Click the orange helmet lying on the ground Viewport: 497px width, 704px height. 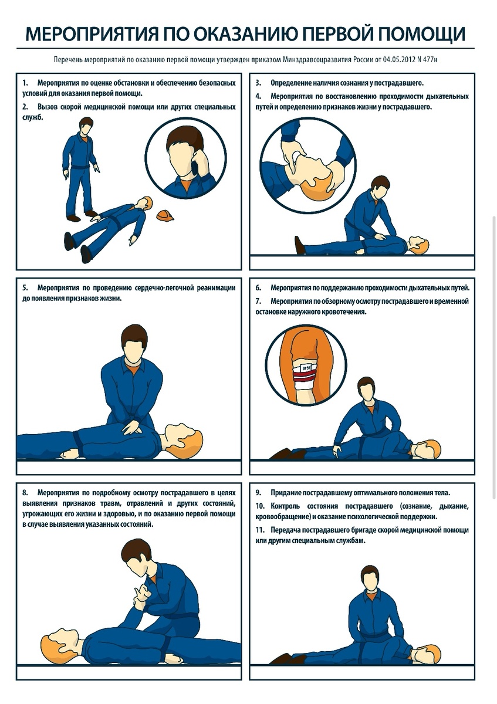[165, 216]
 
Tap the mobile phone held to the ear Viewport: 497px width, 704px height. [195, 164]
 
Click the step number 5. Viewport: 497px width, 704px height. [25, 288]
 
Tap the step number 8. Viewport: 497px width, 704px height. [25, 492]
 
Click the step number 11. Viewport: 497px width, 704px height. [259, 530]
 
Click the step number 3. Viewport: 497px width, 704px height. [258, 83]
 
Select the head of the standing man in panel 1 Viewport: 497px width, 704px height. [85, 126]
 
